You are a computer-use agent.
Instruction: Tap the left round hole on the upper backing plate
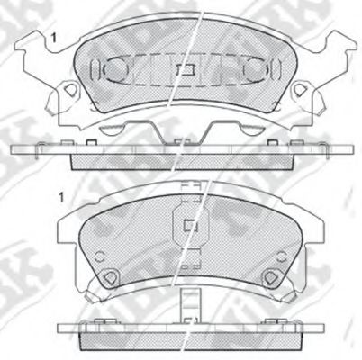[68, 90]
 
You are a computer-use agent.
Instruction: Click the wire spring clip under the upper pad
[184, 130]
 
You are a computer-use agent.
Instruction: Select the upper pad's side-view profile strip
[184, 153]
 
